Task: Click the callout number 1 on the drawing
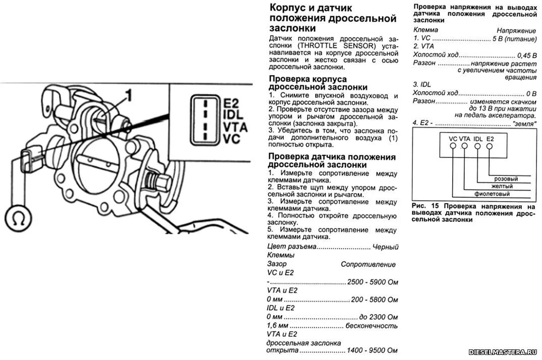click(x=129, y=94)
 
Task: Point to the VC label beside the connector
click(x=231, y=139)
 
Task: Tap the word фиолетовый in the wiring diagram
click(x=492, y=194)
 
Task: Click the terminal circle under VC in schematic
click(x=453, y=146)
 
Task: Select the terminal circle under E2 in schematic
click(x=490, y=146)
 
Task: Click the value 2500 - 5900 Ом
click(x=373, y=282)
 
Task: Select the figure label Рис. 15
click(x=422, y=206)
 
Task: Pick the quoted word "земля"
click(x=524, y=123)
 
